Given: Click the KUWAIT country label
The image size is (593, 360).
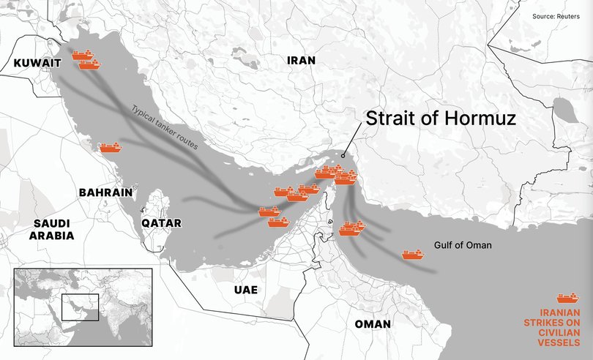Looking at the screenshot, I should pyautogui.click(x=37, y=64).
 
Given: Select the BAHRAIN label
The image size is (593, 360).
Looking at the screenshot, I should pyautogui.click(x=105, y=192).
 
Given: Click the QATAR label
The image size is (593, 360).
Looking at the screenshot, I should pyautogui.click(x=162, y=223).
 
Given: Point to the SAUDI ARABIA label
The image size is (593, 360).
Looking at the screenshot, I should pyautogui.click(x=51, y=229).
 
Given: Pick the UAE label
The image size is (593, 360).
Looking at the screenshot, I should pyautogui.click(x=245, y=290).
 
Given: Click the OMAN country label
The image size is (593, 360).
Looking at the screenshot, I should pyautogui.click(x=372, y=323).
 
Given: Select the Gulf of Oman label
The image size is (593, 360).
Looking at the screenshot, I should pyautogui.click(x=463, y=245).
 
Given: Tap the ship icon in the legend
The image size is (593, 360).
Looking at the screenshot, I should pyautogui.click(x=568, y=298).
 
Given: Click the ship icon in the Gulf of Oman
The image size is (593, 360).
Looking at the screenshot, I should pyautogui.click(x=413, y=255).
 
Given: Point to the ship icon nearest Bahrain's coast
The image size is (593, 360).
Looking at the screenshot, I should pyautogui.click(x=110, y=148).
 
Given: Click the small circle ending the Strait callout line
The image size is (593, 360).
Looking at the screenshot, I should pyautogui.click(x=344, y=154).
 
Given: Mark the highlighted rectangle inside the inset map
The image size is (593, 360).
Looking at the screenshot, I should pyautogui.click(x=80, y=307).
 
